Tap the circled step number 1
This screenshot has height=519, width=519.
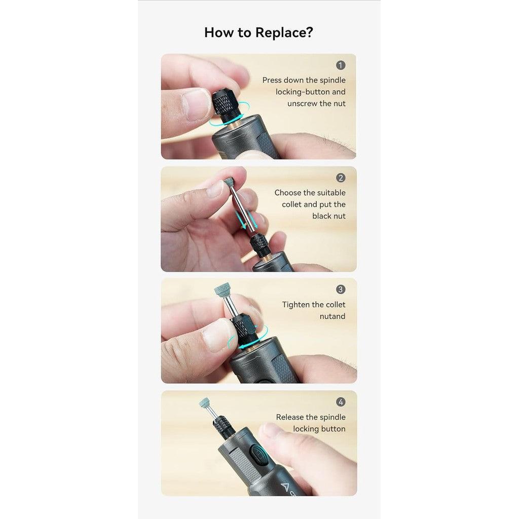(341, 65)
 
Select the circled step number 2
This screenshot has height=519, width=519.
(341, 178)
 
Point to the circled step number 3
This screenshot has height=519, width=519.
(341, 289)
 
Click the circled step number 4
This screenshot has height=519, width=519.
(341, 402)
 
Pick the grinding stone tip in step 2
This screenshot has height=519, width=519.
(229, 182)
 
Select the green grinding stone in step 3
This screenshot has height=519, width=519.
(223, 290)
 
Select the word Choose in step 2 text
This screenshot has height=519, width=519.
(288, 193)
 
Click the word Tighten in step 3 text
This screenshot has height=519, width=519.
(296, 305)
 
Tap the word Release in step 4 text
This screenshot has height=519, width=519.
(290, 417)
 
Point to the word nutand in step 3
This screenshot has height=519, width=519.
(332, 316)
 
